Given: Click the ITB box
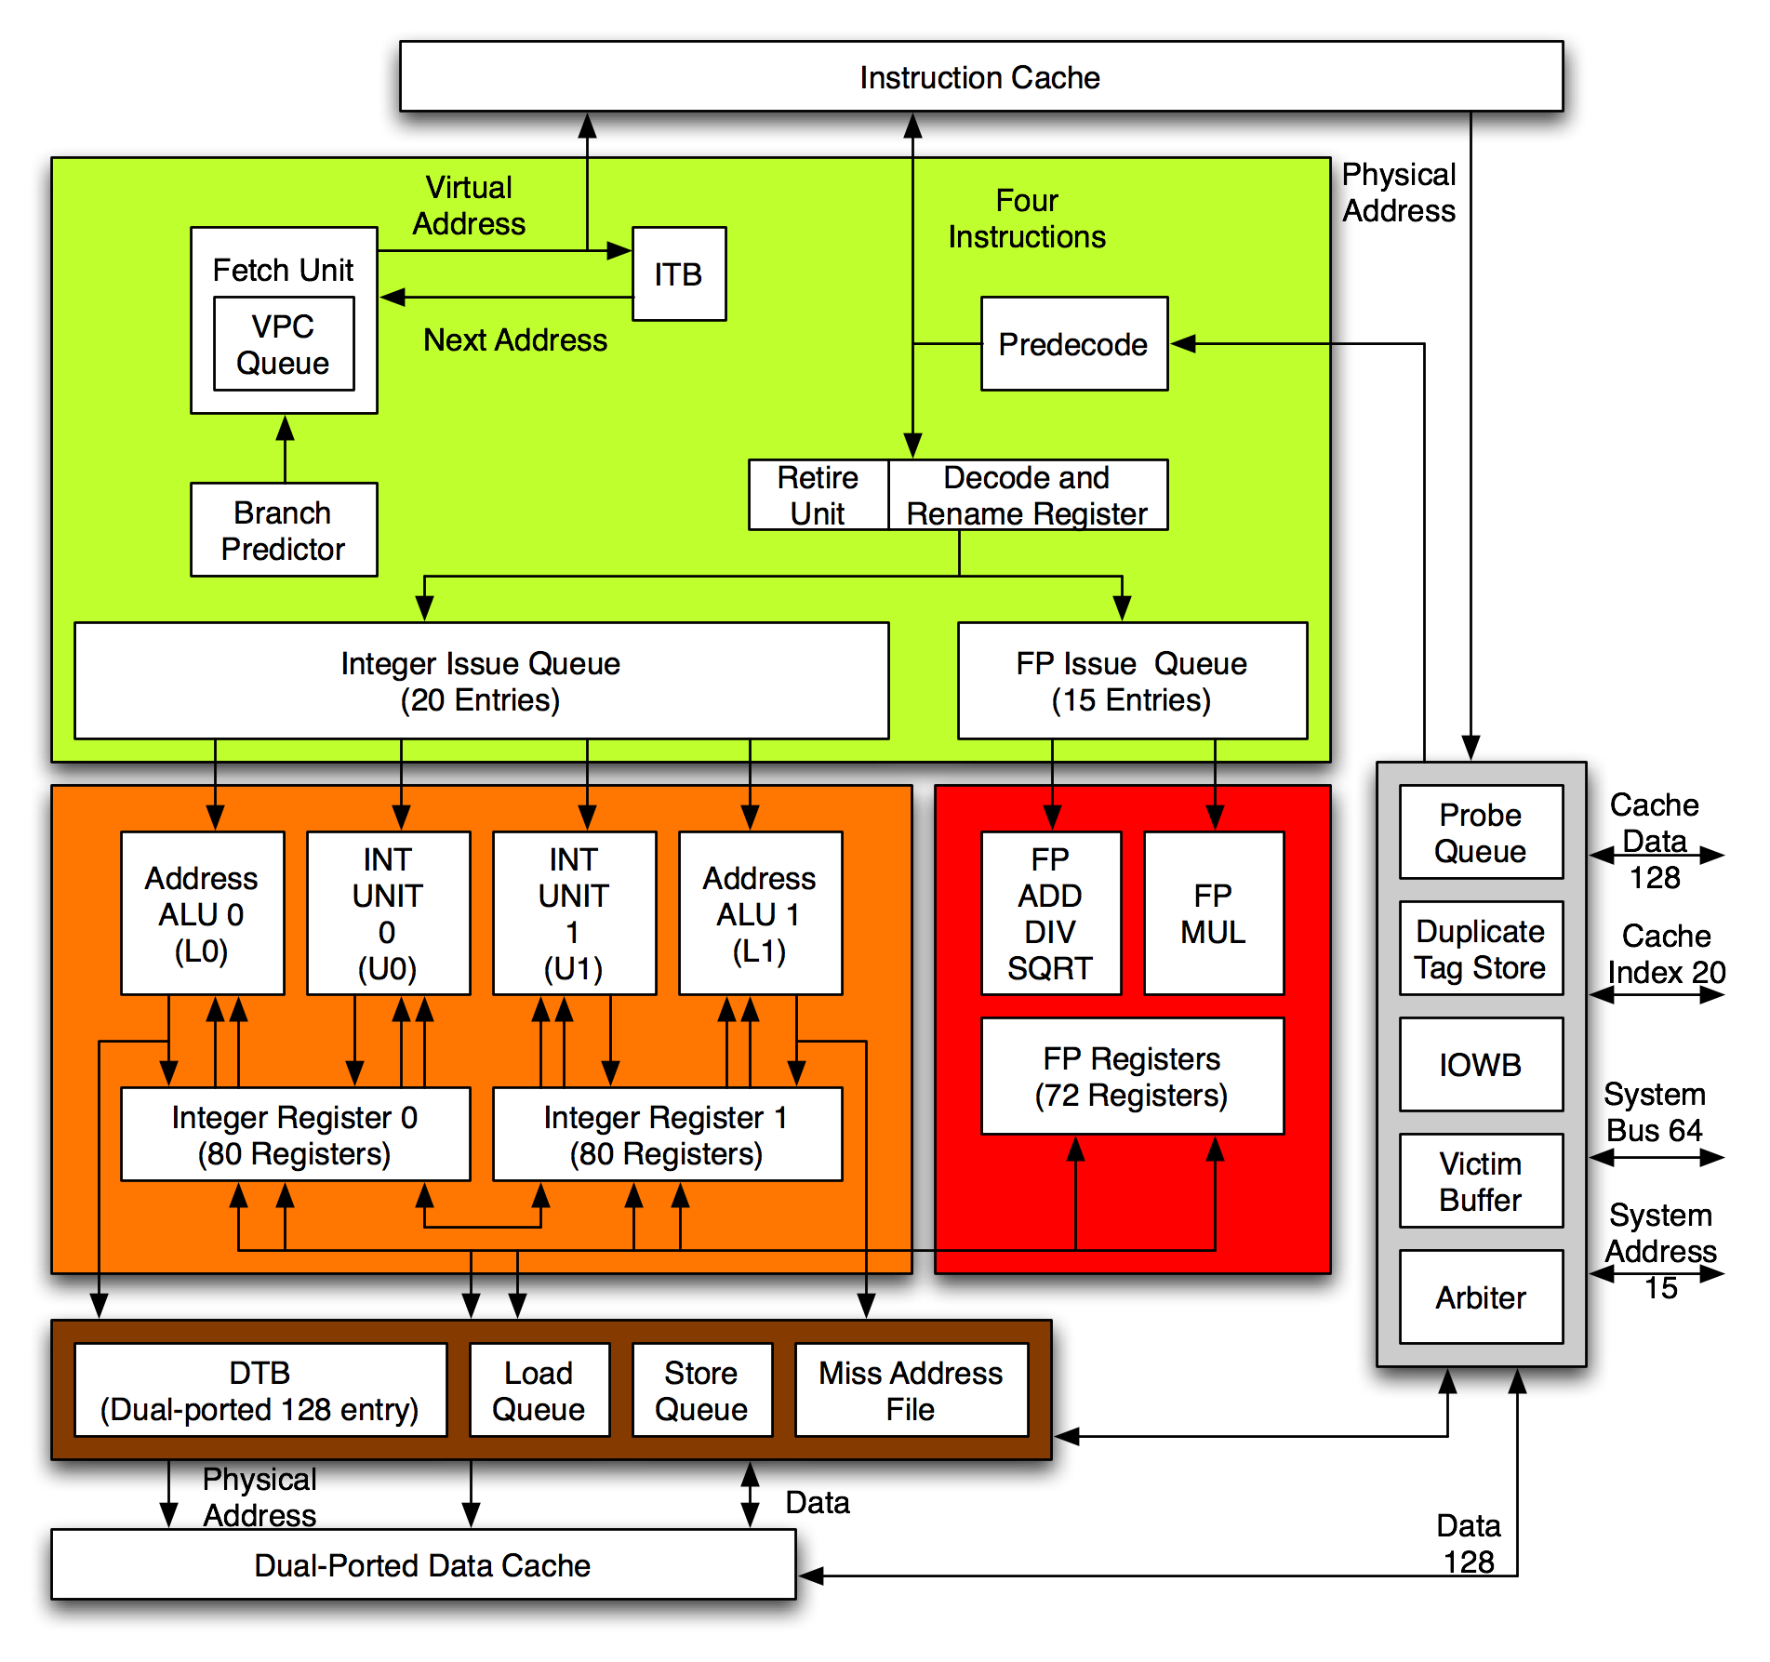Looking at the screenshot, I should click(678, 274).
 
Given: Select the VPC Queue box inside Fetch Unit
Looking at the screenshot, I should click(284, 344).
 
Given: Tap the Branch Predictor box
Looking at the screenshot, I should click(284, 530).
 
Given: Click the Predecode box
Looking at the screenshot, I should click(1073, 344).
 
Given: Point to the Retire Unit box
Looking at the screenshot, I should click(818, 495).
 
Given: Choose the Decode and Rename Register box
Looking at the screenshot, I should click(1027, 495).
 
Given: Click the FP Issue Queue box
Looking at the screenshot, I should click(1131, 681).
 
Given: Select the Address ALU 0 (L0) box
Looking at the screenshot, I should click(202, 913).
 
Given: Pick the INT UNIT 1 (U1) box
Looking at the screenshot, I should click(574, 913).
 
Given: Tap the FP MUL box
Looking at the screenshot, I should click(1213, 913).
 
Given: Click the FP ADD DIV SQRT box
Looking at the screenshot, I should click(1050, 913).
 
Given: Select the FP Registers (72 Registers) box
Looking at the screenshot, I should click(1131, 1076).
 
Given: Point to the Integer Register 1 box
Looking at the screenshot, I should click(667, 1135).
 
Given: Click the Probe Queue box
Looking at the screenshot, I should click(1480, 832).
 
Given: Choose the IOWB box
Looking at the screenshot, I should click(1480, 1065).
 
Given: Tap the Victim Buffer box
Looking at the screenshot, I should click(1480, 1181).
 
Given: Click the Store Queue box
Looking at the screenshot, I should click(701, 1390).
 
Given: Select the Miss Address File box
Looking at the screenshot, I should click(911, 1390).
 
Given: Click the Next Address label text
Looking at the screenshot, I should click(515, 340).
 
